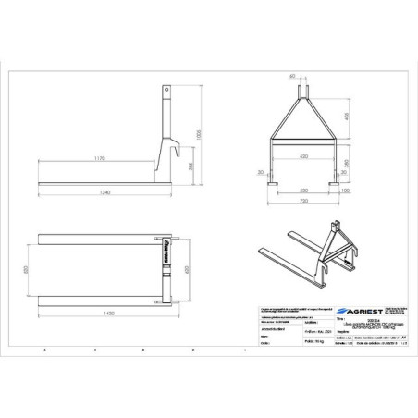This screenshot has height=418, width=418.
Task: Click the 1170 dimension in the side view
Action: (x=99, y=158)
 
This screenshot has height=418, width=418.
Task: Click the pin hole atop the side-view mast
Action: (x=167, y=91)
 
